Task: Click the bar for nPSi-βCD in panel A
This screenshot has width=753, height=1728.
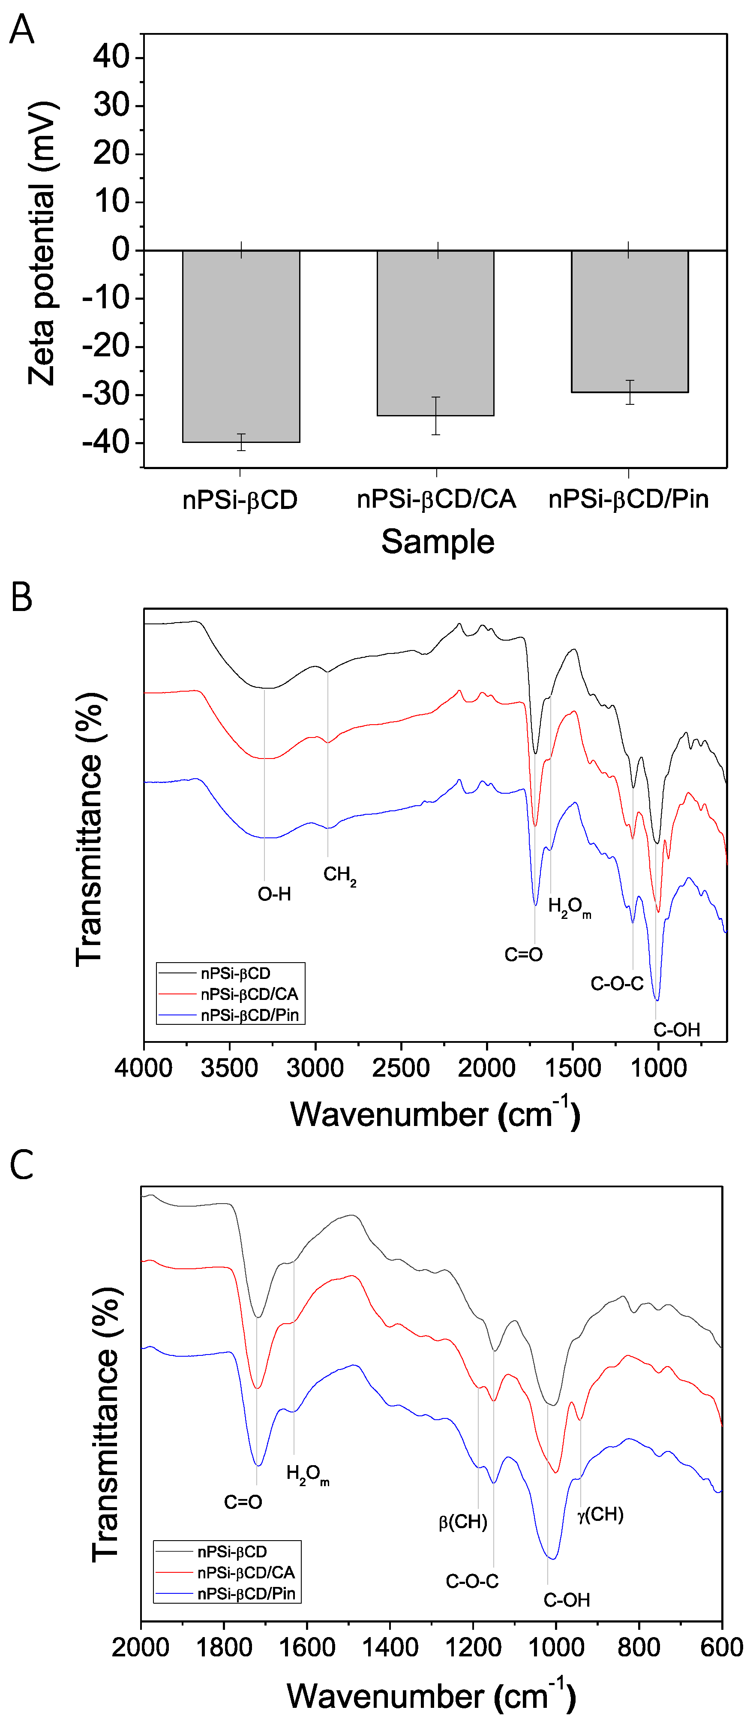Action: pos(241,346)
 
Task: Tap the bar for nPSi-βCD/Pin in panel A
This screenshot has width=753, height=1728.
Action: pos(629,321)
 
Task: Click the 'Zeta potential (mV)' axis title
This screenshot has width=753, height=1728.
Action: pos(42,243)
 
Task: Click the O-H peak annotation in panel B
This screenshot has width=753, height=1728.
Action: pos(274,894)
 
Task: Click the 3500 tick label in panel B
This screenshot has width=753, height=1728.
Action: pos(229,1068)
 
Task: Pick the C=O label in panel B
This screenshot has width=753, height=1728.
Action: pos(523,954)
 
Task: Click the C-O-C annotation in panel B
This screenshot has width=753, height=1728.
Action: pos(617,984)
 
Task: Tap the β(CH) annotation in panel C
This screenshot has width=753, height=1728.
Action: pos(463,1522)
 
